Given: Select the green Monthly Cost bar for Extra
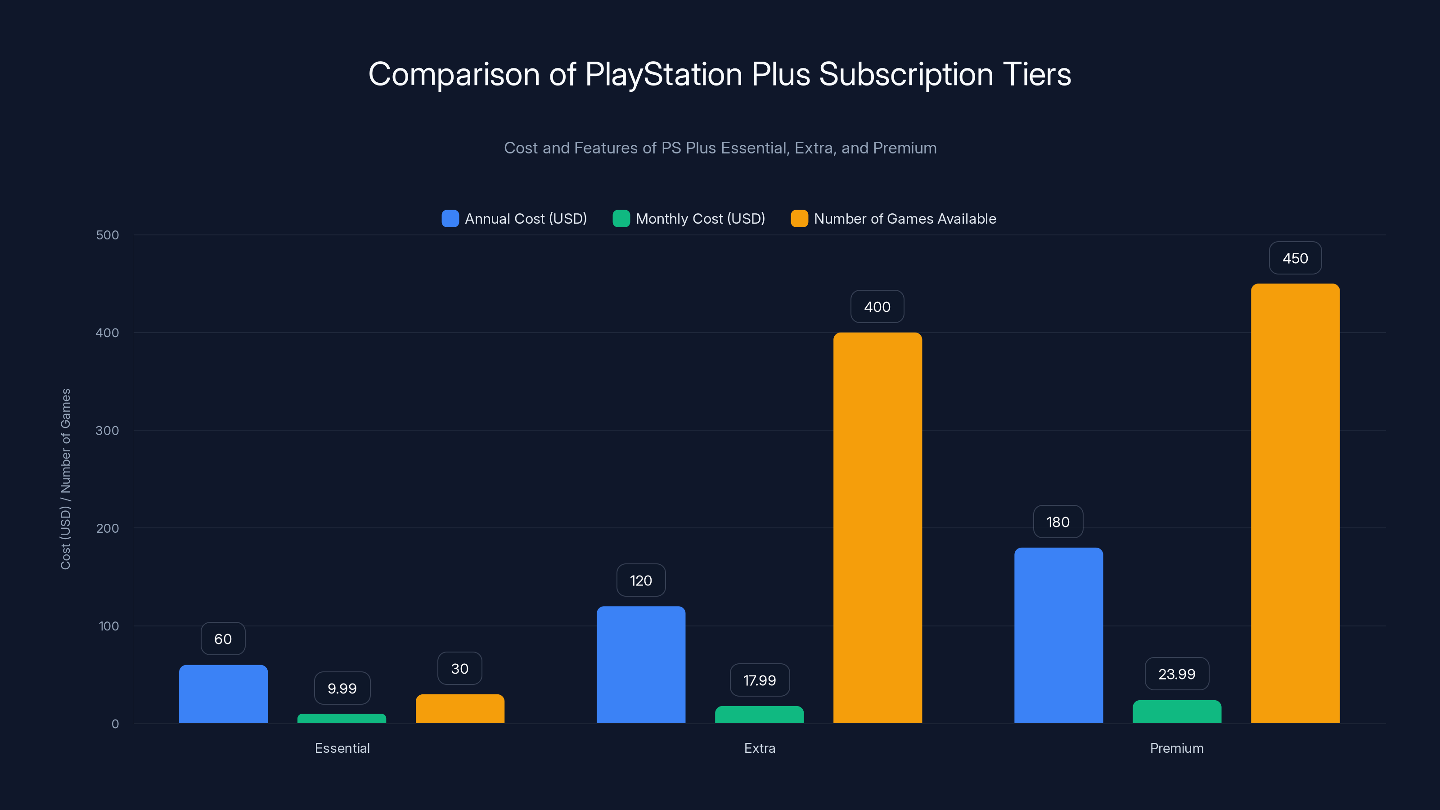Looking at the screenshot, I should [759, 715].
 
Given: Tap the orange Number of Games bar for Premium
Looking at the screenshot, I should [1295, 503].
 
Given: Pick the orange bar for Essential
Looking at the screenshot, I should [459, 708].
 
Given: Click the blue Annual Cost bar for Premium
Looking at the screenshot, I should [1058, 635].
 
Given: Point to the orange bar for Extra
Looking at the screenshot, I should [877, 528].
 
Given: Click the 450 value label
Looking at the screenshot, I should [1295, 258].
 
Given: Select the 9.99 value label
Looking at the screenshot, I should [342, 688].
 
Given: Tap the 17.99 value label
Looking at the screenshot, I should [759, 680].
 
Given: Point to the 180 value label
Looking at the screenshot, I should [1057, 522].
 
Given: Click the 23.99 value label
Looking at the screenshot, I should [1176, 674].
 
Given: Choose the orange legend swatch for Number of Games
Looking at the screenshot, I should [799, 219].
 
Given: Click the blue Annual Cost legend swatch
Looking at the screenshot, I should [450, 219].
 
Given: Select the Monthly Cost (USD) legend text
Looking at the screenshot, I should [700, 219].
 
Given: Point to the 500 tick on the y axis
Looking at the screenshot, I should [108, 235].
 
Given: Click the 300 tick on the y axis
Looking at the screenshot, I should [108, 431].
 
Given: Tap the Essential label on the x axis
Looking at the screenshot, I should [342, 748].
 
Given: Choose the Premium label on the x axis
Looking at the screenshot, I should [1176, 748].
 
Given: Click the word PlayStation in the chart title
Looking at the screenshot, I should [664, 74].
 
